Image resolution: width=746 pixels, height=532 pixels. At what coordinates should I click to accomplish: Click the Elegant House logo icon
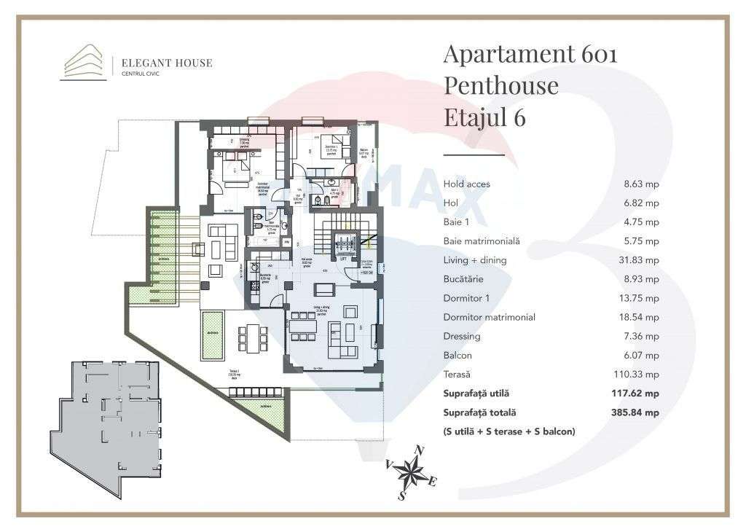pos(82,61)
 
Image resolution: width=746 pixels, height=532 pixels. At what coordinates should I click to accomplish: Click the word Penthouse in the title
pos(500,85)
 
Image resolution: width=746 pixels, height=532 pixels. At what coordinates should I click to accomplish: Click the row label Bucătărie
pos(463,279)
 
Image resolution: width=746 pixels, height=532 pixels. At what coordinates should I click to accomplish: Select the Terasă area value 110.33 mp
pos(636,375)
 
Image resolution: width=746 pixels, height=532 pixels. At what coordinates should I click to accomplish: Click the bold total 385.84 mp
pos(636,412)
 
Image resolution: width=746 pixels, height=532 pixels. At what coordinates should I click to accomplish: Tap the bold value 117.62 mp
pos(636,394)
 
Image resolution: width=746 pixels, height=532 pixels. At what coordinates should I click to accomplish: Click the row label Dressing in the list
pos(461,337)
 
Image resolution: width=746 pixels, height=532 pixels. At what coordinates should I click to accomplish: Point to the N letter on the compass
pos(418,450)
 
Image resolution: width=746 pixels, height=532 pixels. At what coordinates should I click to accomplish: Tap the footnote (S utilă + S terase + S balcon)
pos(509,431)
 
